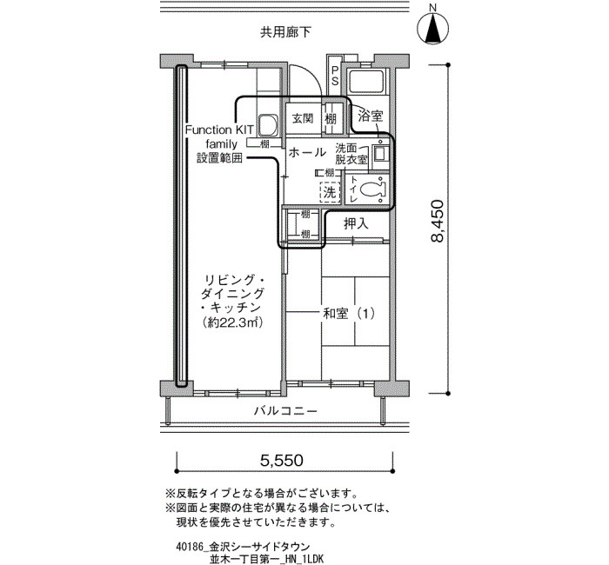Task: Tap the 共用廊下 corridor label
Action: pyautogui.click(x=285, y=32)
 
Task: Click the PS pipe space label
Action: pyautogui.click(x=334, y=76)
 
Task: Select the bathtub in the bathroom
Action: pyautogui.click(x=366, y=82)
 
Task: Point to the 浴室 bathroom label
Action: pyautogui.click(x=370, y=116)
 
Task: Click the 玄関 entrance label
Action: pyautogui.click(x=303, y=118)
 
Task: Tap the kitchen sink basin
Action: pyautogui.click(x=267, y=125)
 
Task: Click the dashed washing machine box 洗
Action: pyautogui.click(x=330, y=192)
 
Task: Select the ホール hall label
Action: pyautogui.click(x=307, y=152)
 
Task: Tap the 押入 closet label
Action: pyautogui.click(x=356, y=223)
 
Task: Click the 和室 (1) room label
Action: pyautogui.click(x=349, y=313)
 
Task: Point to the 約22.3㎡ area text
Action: pyautogui.click(x=232, y=322)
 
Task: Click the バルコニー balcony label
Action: pyautogui.click(x=285, y=410)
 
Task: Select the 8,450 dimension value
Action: pyautogui.click(x=438, y=221)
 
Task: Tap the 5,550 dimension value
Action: pyautogui.click(x=282, y=460)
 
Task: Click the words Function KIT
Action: pyautogui.click(x=219, y=130)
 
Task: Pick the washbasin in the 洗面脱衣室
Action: pyautogui.click(x=378, y=154)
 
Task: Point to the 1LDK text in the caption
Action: pyautogui.click(x=312, y=559)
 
